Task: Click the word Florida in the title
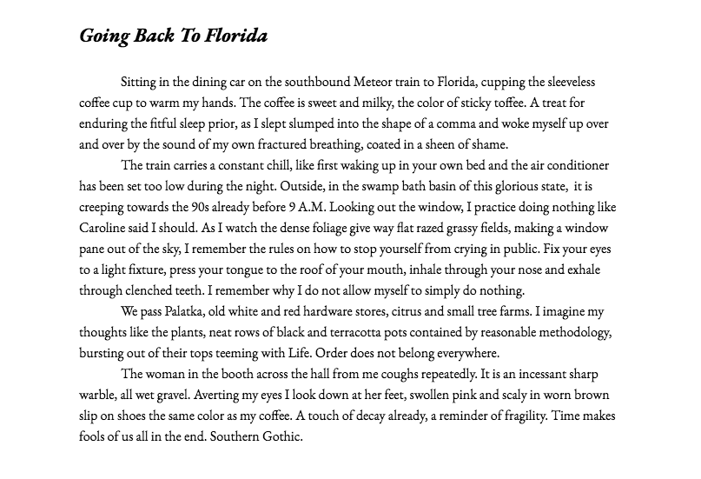pyautogui.click(x=236, y=36)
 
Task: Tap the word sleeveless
pyautogui.click(x=588, y=82)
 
